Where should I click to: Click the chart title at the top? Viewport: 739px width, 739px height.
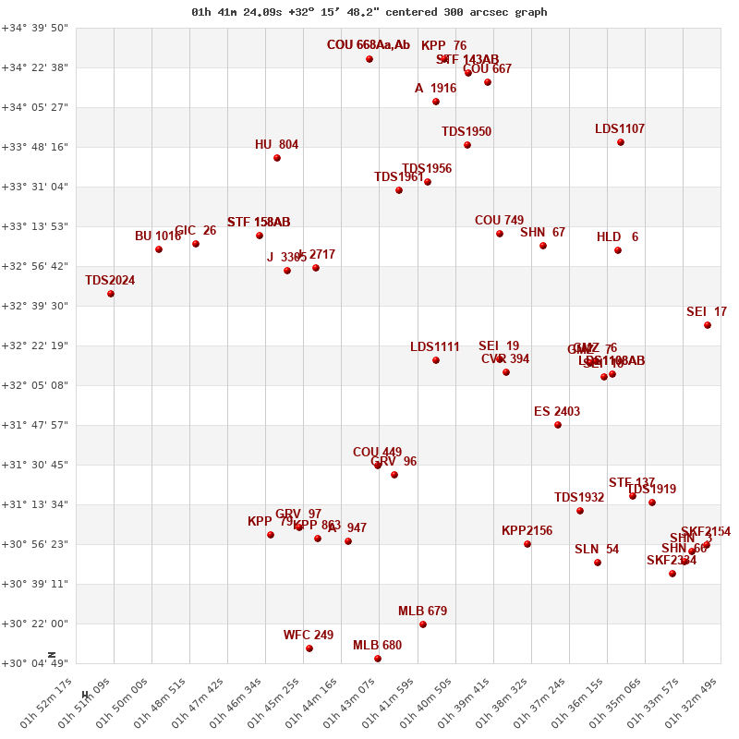(x=369, y=12)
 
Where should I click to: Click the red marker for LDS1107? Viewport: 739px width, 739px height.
(x=621, y=142)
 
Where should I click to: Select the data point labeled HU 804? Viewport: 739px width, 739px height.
(x=277, y=158)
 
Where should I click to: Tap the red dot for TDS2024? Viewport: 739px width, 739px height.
(x=111, y=294)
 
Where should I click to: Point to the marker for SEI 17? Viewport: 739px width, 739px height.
(x=708, y=325)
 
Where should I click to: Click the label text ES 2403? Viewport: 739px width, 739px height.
(x=557, y=412)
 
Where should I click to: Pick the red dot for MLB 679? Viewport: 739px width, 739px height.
(x=423, y=624)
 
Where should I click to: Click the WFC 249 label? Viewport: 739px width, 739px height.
(x=309, y=636)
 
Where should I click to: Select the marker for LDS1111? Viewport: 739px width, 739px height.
(x=436, y=360)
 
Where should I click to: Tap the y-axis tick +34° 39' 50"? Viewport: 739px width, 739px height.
(x=35, y=28)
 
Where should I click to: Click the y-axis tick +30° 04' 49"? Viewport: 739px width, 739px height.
(x=35, y=663)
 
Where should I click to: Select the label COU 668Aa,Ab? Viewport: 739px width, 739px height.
(x=369, y=45)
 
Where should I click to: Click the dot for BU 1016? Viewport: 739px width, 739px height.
(x=159, y=249)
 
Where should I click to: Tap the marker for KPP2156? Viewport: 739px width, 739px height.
(x=527, y=544)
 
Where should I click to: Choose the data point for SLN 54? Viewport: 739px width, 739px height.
(x=598, y=563)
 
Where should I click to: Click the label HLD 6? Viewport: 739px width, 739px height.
(x=617, y=237)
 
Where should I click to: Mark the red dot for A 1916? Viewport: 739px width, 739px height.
(x=436, y=102)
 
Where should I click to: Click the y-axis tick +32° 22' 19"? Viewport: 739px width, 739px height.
(x=35, y=345)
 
